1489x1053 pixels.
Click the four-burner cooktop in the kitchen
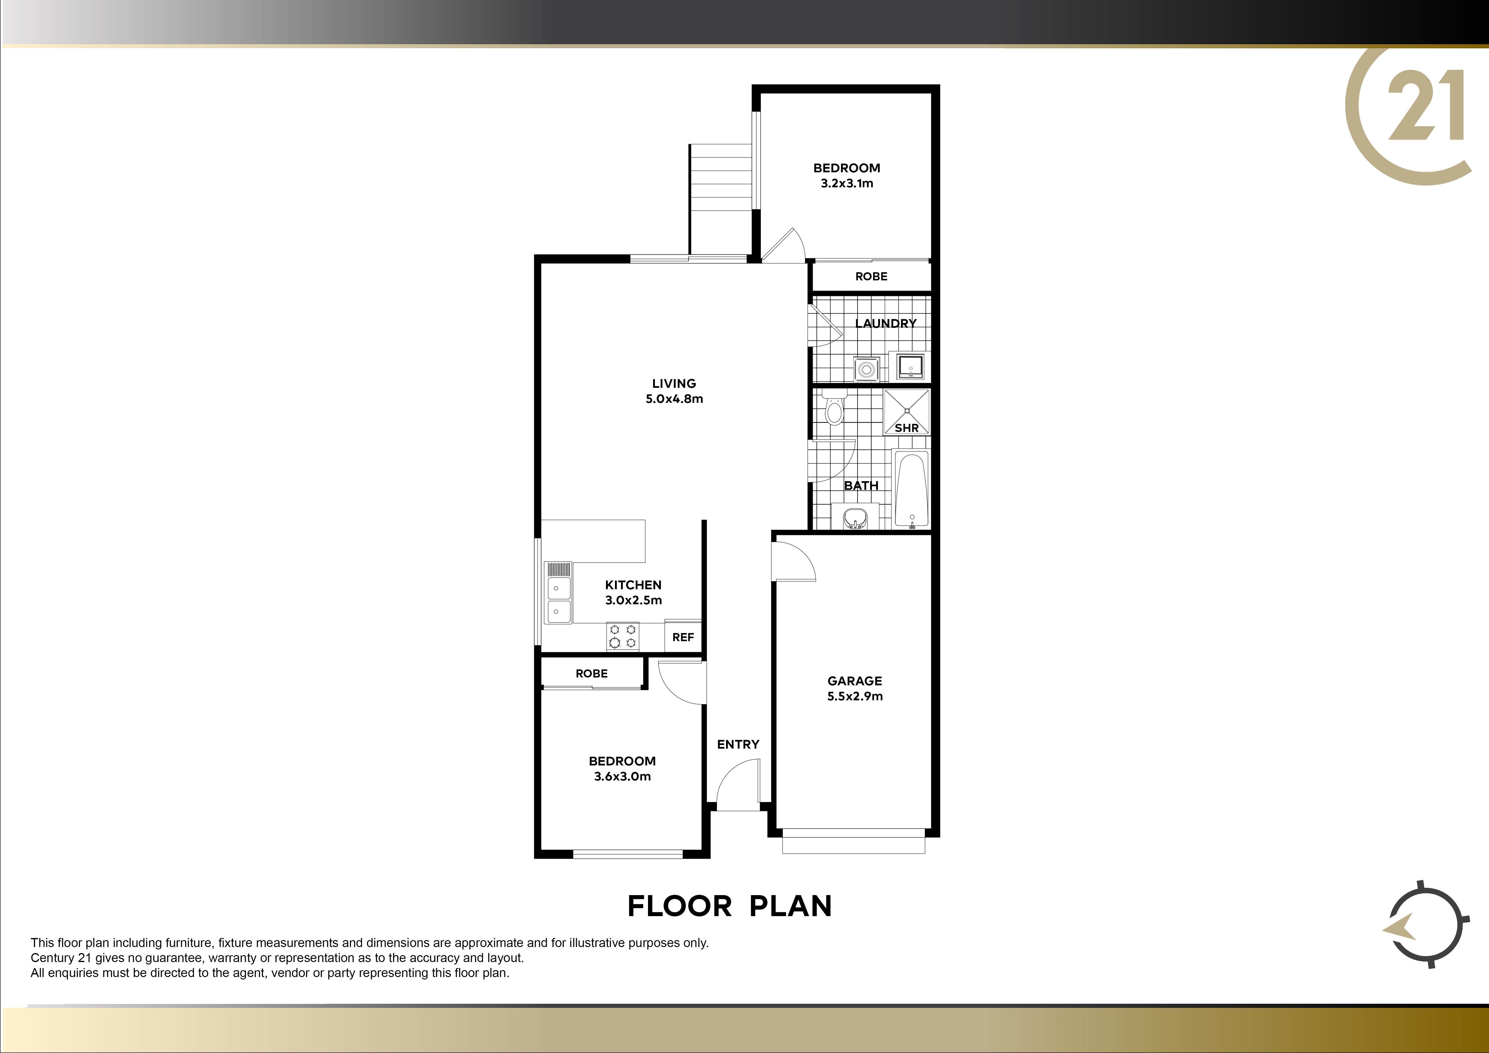[622, 636]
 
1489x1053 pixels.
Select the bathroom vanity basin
[855, 517]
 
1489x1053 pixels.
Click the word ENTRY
[738, 744]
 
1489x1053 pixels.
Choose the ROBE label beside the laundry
[871, 276]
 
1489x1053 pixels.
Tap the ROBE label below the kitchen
[592, 674]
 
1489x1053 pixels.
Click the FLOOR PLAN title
[730, 907]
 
